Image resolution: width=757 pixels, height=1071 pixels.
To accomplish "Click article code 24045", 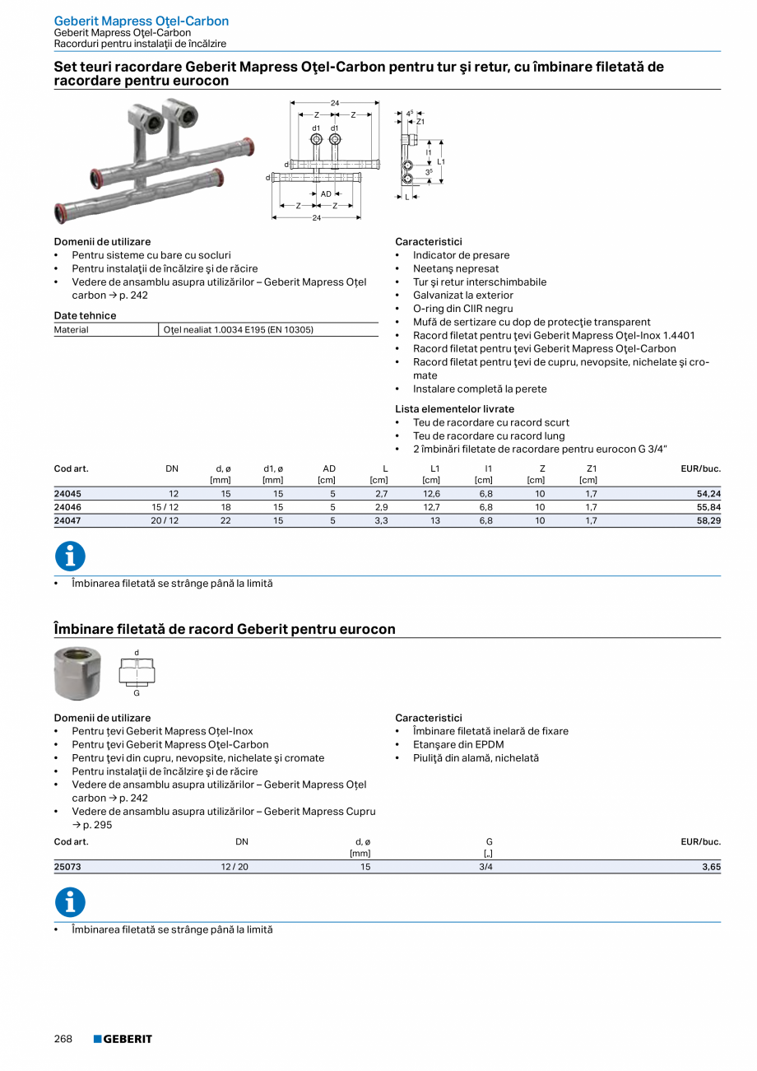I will [x=67, y=494].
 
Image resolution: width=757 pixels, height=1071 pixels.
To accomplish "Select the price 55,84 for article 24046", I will [x=704, y=507].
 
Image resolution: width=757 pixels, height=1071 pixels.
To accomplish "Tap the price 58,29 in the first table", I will [x=704, y=521].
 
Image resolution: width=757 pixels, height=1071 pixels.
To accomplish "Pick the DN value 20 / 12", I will [x=165, y=521].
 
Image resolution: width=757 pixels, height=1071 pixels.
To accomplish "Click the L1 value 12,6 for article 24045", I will [x=430, y=494].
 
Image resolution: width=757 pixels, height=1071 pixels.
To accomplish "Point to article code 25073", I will [x=67, y=867].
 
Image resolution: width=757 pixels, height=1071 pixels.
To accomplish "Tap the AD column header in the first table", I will [x=329, y=469].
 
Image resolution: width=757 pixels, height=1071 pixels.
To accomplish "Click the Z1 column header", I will [x=591, y=469].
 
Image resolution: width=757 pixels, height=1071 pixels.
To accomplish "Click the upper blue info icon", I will [x=70, y=556].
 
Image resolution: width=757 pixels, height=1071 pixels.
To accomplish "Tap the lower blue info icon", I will [x=70, y=902].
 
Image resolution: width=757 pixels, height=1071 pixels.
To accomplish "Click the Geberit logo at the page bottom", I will [x=123, y=1039].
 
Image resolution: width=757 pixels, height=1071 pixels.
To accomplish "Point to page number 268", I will [x=63, y=1039].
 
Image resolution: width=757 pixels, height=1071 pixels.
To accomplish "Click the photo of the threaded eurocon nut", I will [x=77, y=673].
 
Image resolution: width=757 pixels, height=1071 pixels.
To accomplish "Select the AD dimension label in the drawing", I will [x=326, y=194].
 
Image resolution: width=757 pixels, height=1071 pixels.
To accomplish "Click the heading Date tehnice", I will [x=85, y=316].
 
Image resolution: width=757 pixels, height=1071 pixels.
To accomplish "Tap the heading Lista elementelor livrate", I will [x=454, y=409].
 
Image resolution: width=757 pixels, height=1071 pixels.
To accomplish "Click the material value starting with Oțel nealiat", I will [x=239, y=330].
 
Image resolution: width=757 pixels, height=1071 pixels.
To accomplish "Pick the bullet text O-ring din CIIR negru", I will [x=462, y=309].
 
